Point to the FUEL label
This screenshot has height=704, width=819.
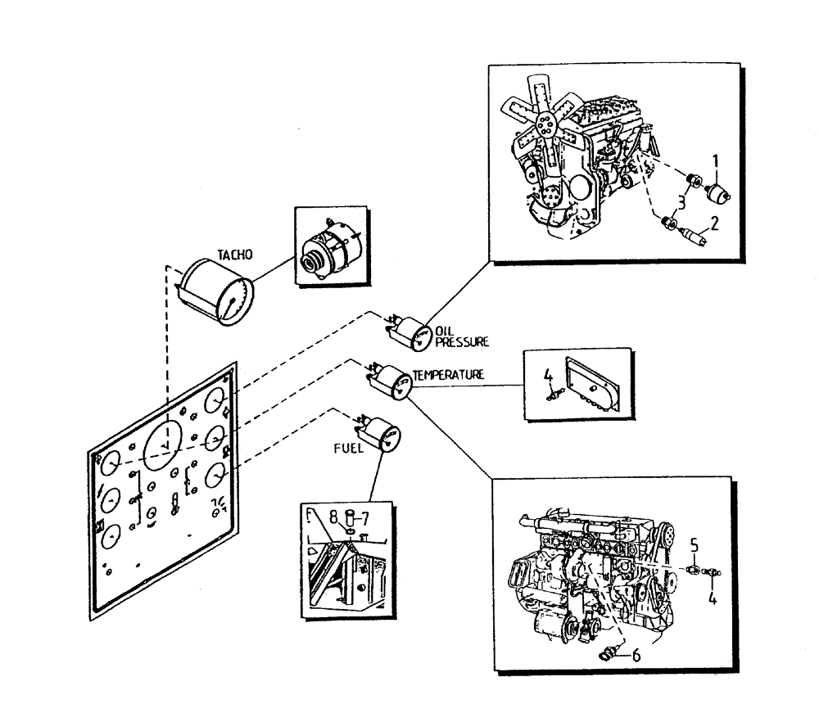click(347, 449)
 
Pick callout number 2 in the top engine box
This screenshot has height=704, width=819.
click(714, 221)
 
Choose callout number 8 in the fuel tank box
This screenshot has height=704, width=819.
click(335, 517)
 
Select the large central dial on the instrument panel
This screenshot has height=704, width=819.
click(166, 447)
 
